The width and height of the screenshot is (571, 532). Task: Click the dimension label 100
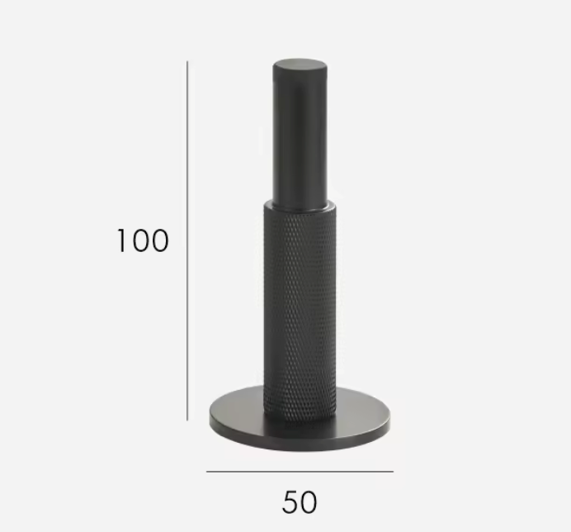[142, 240]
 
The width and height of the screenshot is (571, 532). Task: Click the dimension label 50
[300, 501]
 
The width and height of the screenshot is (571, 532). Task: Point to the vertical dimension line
[187, 240]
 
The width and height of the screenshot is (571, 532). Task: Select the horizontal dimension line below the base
[300, 472]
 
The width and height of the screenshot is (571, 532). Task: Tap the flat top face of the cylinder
[300, 66]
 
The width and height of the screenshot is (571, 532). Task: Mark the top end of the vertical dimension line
[187, 61]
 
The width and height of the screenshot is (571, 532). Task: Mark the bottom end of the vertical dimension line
[187, 420]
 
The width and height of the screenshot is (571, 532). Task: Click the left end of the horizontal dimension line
[207, 472]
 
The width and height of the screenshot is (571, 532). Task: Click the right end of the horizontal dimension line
[393, 472]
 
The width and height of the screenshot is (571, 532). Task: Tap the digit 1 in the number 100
[121, 240]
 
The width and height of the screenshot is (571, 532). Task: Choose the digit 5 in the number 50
[290, 501]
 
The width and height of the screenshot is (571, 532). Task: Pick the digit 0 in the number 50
[309, 501]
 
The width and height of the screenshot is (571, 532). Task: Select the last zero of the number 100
[158, 240]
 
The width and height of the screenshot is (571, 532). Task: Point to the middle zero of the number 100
[139, 240]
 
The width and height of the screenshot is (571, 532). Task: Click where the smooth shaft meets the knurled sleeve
[300, 202]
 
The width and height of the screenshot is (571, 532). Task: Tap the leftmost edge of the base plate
[210, 418]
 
